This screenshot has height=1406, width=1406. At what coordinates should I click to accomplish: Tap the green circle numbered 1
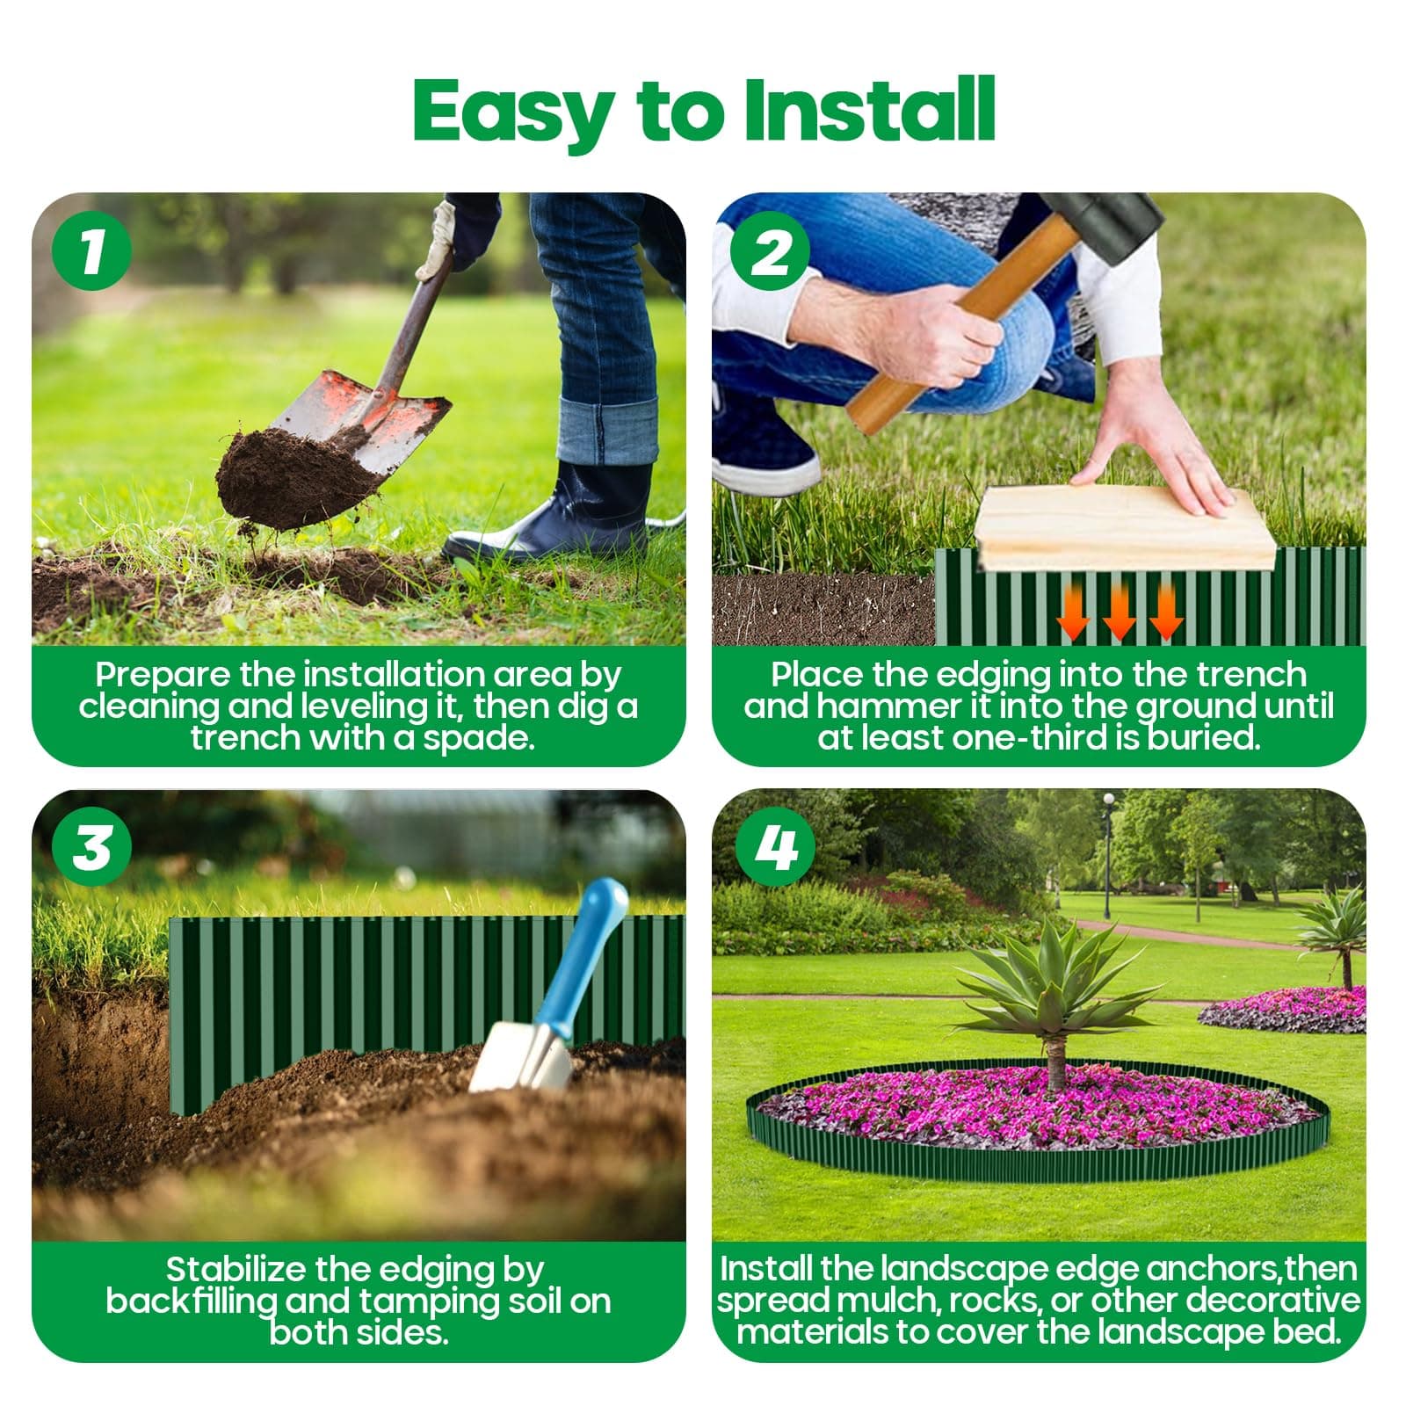pos(91,251)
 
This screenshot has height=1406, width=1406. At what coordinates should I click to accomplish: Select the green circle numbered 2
pos(771,251)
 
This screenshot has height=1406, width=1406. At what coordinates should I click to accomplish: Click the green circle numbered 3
pos(91,846)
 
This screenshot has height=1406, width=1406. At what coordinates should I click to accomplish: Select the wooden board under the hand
pos(1125,532)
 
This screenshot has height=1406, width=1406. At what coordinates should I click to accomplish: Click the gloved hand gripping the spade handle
pos(438,242)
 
